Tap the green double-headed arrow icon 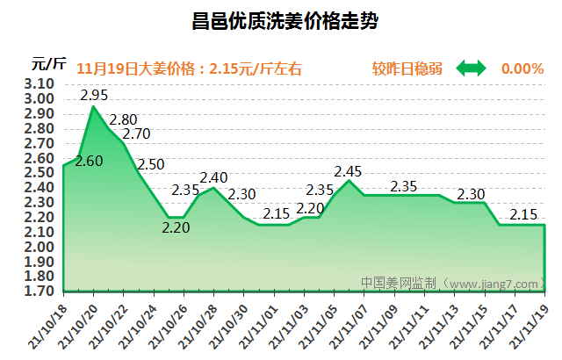click(x=470, y=68)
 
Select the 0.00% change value click(x=522, y=68)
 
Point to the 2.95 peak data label click(x=94, y=95)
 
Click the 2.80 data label click(x=123, y=119)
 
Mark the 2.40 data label click(x=213, y=177)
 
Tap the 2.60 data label click(x=89, y=161)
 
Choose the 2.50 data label click(x=151, y=164)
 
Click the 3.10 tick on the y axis click(x=40, y=83)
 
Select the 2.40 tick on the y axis click(x=40, y=187)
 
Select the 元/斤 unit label click(x=49, y=62)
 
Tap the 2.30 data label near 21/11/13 click(x=472, y=194)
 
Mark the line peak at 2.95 click(x=93, y=106)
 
